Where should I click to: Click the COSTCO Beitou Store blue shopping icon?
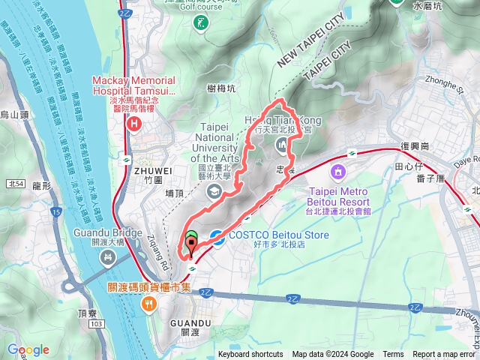[x=216, y=237]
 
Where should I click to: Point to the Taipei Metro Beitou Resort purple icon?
[x=338, y=174]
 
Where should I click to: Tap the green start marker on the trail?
[x=190, y=240]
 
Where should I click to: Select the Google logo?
[x=28, y=349]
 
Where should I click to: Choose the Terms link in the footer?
[x=393, y=355]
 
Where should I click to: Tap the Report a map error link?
[x=444, y=355]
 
